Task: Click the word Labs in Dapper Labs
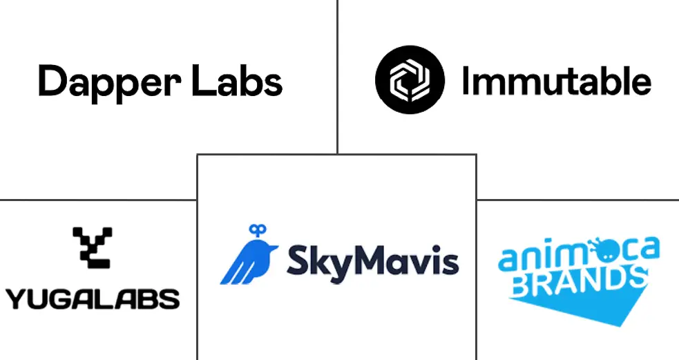point(238,81)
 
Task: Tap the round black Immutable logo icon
point(410,79)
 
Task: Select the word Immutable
point(557,80)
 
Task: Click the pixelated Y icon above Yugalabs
point(93,247)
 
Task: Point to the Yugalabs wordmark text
point(93,299)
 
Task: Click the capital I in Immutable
point(466,80)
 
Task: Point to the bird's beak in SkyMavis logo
point(276,248)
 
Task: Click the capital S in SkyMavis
point(296,259)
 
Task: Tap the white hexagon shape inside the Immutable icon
point(410,80)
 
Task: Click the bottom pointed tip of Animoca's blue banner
point(622,325)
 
